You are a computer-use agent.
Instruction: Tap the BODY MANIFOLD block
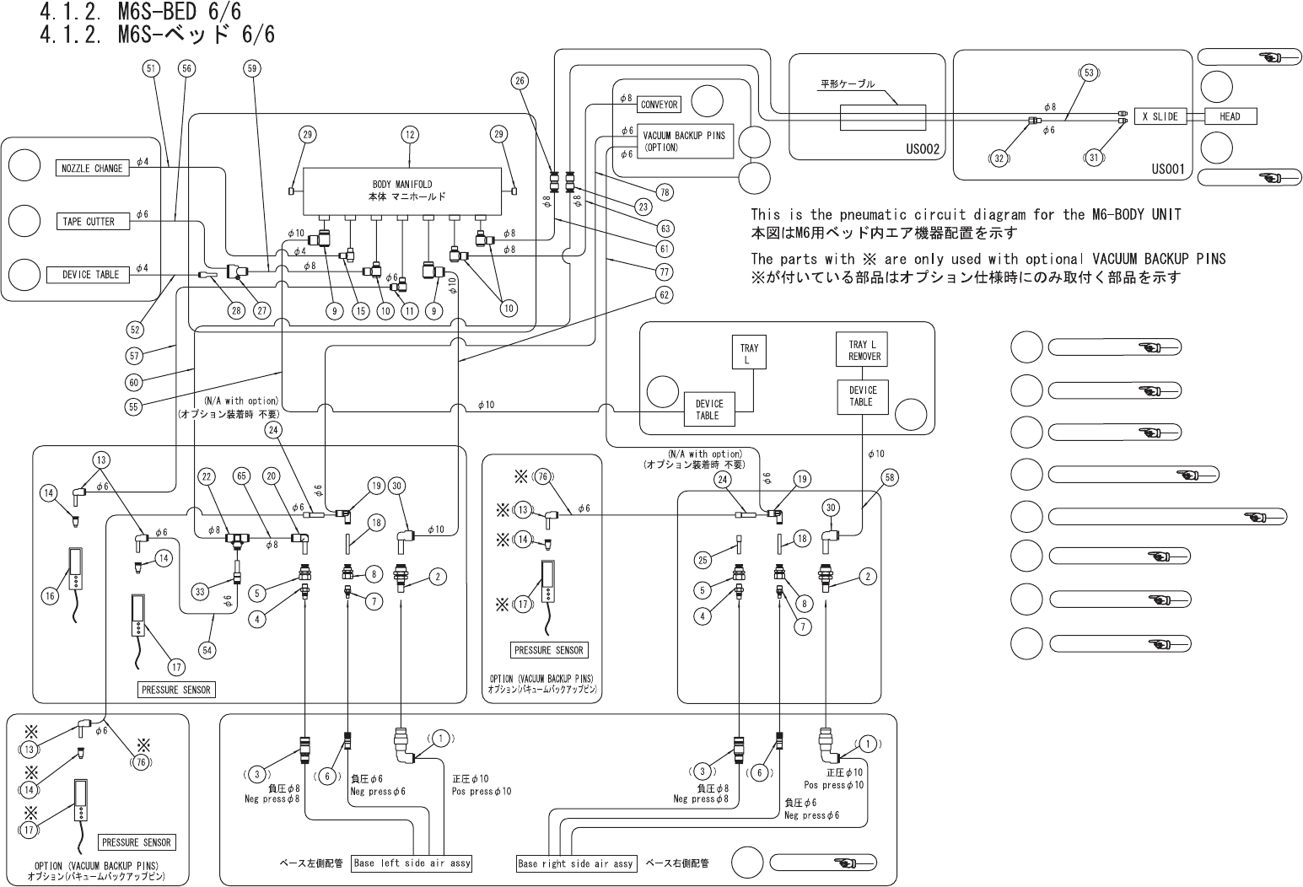[409, 191]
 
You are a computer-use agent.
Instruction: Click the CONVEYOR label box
[660, 105]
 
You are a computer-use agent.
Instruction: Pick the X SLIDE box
[1160, 116]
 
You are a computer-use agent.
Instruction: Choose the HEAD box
[1230, 116]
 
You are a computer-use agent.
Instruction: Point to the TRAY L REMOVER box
[864, 350]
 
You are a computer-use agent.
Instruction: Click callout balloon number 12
[410, 134]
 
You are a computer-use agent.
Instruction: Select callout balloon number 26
[520, 81]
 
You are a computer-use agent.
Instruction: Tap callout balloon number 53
[1089, 73]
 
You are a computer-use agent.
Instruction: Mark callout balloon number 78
[665, 192]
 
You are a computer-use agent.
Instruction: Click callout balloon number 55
[132, 406]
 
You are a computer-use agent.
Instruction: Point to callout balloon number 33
[200, 591]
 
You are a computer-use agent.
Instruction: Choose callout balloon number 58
[889, 478]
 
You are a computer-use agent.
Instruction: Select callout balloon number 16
[50, 596]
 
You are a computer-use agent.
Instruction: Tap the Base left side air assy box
[412, 863]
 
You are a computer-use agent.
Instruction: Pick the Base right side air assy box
[575, 863]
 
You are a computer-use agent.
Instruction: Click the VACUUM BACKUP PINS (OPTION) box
[684, 141]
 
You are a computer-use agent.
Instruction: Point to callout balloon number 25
[703, 559]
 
